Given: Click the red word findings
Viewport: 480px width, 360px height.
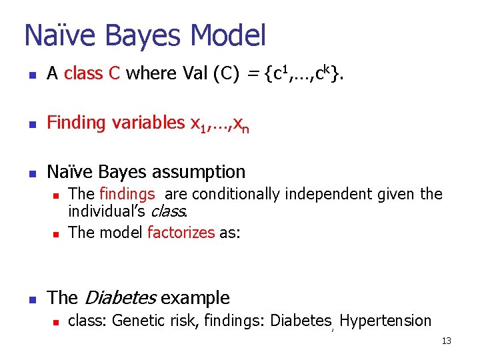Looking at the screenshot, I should point(127,194).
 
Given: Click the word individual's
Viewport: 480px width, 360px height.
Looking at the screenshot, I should point(107,213).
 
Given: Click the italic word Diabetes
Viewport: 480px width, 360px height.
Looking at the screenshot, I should point(119,298).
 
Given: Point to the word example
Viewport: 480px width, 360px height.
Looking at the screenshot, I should point(195,298).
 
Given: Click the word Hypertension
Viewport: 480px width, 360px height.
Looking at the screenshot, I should point(385,321).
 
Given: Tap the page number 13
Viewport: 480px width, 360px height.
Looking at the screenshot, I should point(446,341).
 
